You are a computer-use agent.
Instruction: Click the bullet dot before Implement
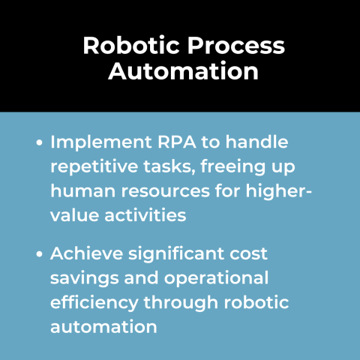coord(40,142)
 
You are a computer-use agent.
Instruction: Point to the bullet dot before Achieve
coord(40,254)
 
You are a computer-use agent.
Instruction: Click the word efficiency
coord(90,301)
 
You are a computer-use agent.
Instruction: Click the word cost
coord(248,253)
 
